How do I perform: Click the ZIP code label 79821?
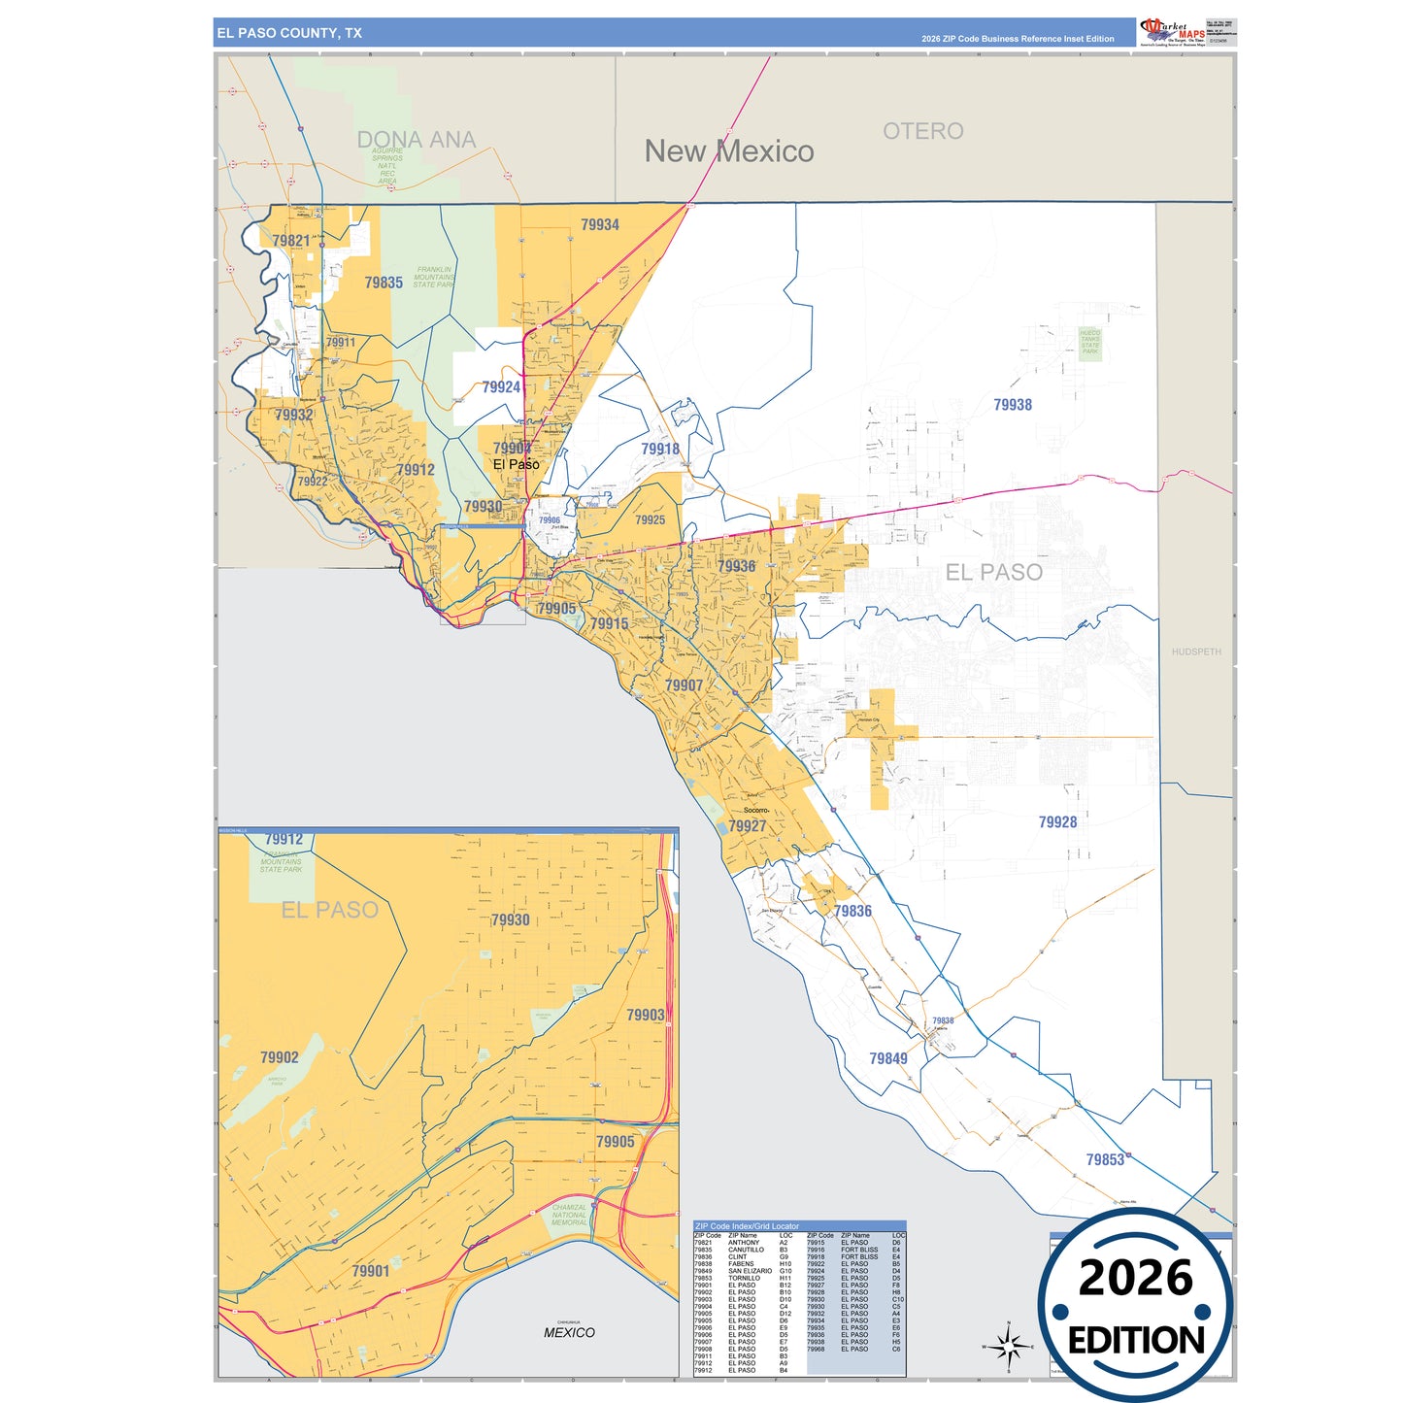pyautogui.click(x=291, y=241)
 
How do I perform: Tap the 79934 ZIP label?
pyautogui.click(x=600, y=225)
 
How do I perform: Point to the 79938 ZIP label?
pyautogui.click(x=1013, y=405)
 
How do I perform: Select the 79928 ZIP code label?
pyautogui.click(x=1057, y=822)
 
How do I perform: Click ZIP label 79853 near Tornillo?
pyautogui.click(x=1105, y=1159)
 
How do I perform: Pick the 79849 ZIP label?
pyautogui.click(x=888, y=1058)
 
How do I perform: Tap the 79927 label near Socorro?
pyautogui.click(x=748, y=826)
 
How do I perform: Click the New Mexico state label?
pyautogui.click(x=729, y=151)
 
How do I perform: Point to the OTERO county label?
pyautogui.click(x=922, y=131)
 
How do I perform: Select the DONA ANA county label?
pyautogui.click(x=417, y=140)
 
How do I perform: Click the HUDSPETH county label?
pyautogui.click(x=1196, y=651)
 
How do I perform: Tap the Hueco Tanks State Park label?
pyautogui.click(x=1090, y=343)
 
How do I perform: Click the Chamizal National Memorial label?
pyautogui.click(x=570, y=1215)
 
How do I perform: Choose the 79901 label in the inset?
pyautogui.click(x=371, y=1271)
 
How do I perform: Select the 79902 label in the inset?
pyautogui.click(x=280, y=1057)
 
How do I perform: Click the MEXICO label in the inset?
pyautogui.click(x=569, y=1332)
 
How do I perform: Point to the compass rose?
pyautogui.click(x=1008, y=1347)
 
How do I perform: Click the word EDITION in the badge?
pyautogui.click(x=1136, y=1341)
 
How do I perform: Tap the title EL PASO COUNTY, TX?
pyautogui.click(x=289, y=33)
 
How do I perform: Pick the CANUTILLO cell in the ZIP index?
pyautogui.click(x=746, y=1250)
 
